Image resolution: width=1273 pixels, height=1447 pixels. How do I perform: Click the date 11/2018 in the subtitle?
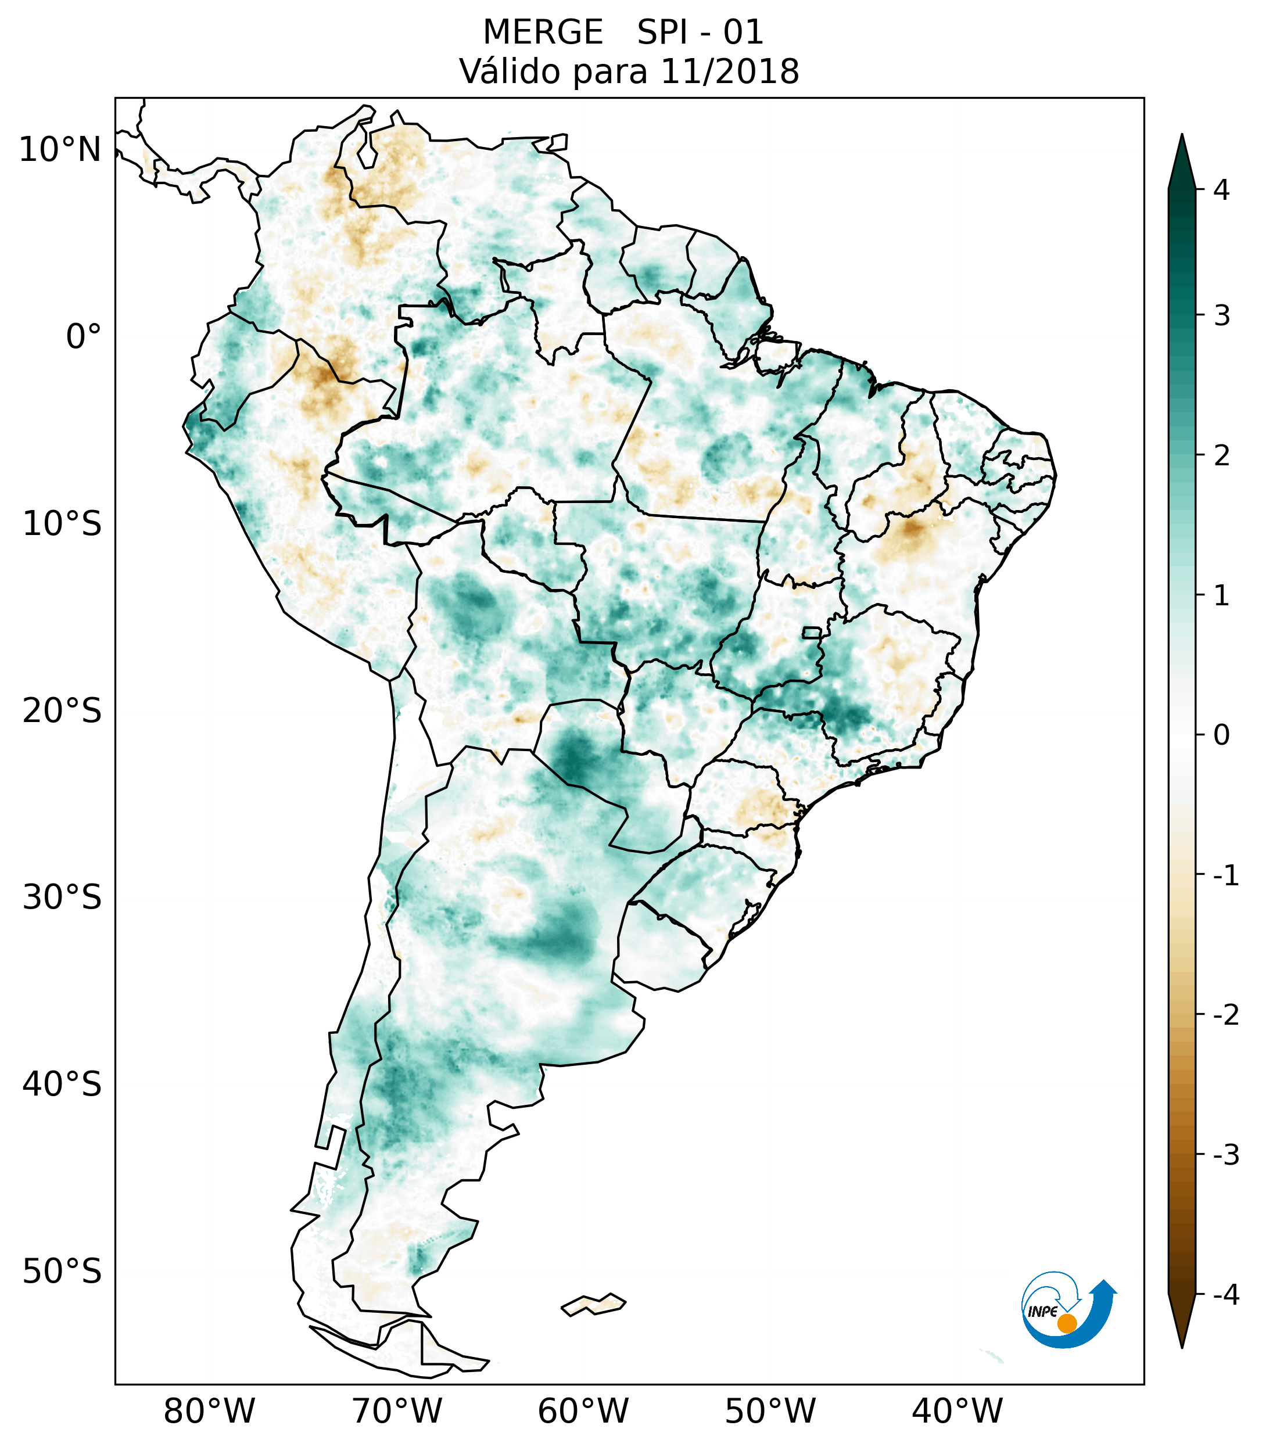click(730, 71)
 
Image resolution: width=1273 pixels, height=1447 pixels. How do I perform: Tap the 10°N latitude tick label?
click(60, 150)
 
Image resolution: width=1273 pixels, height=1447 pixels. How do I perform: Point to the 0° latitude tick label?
click(84, 336)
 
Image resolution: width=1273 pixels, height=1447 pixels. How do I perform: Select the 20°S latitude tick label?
click(62, 711)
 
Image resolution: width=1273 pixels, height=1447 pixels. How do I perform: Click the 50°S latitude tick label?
click(62, 1272)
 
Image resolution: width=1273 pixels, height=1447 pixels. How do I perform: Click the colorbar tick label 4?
click(1221, 190)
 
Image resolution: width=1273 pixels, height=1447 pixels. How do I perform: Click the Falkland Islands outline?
click(593, 1305)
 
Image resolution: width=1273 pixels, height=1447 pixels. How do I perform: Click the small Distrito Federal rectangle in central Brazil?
click(812, 632)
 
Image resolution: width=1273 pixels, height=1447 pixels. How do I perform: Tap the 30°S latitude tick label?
click(62, 897)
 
